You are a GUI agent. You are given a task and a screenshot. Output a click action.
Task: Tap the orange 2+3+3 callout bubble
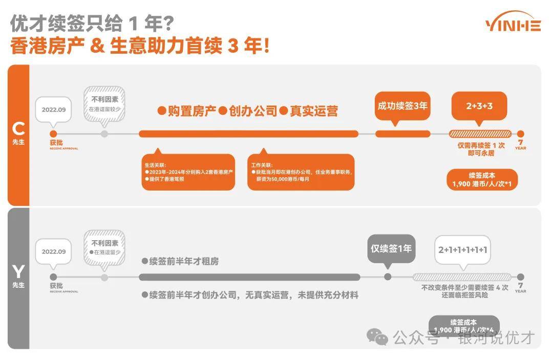coord(479,106)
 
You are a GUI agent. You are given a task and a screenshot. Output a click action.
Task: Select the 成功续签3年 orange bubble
coord(402,106)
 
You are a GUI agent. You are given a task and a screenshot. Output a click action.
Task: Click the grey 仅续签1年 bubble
coord(391,249)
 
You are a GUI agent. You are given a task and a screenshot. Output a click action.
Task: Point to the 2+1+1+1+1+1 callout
coord(462,250)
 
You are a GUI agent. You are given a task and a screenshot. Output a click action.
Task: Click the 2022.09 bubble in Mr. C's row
coord(54,110)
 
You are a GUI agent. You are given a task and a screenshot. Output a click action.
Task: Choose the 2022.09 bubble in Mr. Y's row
coord(54,251)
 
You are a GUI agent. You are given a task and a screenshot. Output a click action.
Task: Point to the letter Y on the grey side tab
coord(18,271)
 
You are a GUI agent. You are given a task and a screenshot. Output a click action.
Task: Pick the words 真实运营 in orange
coord(313,111)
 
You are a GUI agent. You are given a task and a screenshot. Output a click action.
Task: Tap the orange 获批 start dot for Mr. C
coord(53,134)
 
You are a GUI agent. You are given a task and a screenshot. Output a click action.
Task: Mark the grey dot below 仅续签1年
coord(388,277)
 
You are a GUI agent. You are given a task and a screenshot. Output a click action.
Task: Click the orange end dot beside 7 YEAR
coord(521,134)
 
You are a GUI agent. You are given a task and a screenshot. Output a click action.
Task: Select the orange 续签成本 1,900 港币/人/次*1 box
coord(482,179)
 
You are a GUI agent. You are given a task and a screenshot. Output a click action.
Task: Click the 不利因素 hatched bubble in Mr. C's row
coord(104,103)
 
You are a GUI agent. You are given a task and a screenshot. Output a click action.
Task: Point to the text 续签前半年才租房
coord(184,261)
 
